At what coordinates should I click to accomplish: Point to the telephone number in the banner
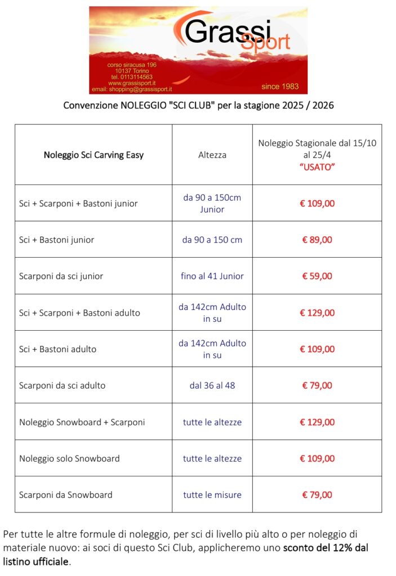132,77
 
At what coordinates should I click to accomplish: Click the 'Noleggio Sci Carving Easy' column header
94,155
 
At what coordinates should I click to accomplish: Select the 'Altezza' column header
212,155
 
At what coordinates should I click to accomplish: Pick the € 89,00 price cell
317,240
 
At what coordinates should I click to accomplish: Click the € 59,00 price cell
317,276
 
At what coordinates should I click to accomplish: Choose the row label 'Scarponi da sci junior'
61,276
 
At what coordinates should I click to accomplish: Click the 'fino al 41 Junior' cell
212,276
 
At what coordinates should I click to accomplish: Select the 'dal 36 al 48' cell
212,385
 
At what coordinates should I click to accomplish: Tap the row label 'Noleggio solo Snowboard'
69,458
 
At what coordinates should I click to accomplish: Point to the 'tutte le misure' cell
212,495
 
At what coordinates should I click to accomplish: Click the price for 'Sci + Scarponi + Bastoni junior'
317,203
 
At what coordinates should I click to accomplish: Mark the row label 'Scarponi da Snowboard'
66,495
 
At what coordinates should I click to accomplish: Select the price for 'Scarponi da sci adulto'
317,385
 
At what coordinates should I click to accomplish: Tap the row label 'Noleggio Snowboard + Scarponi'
82,422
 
